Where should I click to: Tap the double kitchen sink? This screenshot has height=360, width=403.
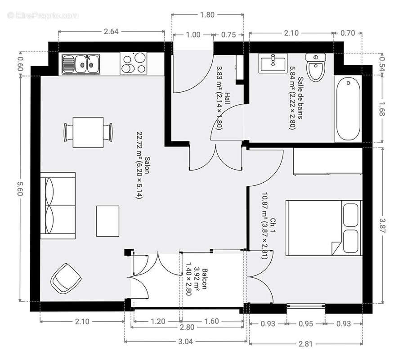81,64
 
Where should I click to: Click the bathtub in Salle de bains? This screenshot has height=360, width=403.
348,109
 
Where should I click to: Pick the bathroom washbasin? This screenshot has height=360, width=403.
273,63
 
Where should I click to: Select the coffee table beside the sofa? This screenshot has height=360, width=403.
107,221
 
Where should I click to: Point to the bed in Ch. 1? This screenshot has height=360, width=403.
323,227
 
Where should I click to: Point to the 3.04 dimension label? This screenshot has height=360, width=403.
185,342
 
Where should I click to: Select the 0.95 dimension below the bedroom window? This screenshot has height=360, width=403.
306,324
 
